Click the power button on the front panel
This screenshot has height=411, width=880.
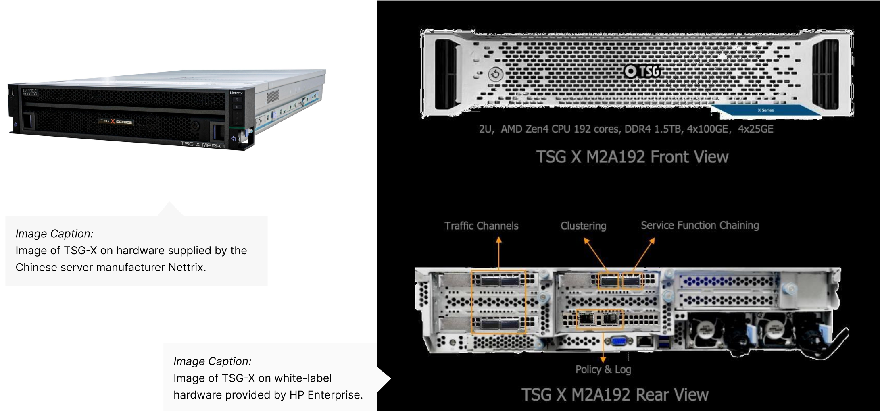pos(495,75)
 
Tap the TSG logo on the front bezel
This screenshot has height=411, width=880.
pos(642,71)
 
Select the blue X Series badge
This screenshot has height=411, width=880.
pos(765,110)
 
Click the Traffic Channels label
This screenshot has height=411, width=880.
pos(481,226)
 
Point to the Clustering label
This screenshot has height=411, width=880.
pos(583,226)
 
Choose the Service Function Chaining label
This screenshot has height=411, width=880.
pos(700,225)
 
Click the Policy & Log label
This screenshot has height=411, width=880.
pos(603,369)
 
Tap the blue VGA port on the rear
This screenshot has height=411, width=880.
pos(619,341)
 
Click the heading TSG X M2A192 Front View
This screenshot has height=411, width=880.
pos(632,157)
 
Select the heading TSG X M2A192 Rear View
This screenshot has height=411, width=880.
pos(615,394)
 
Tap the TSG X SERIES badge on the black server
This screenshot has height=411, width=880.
pos(116,121)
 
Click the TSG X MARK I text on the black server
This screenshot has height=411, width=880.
pos(202,144)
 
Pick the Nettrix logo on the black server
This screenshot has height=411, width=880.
pos(236,93)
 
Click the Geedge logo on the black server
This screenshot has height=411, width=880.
pos(30,91)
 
